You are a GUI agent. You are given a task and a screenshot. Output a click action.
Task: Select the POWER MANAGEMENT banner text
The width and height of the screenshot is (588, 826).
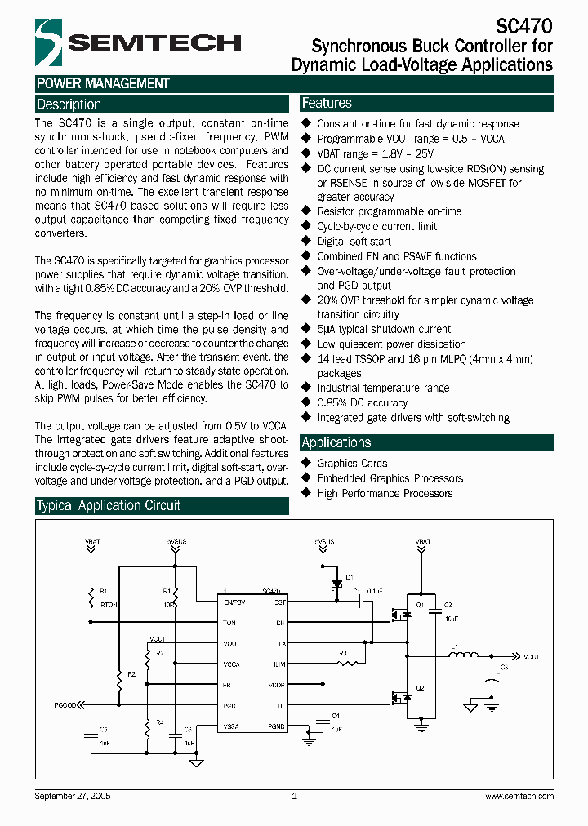pyautogui.click(x=103, y=83)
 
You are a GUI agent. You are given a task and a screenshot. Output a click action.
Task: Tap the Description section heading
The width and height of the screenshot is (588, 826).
pyautogui.click(x=69, y=104)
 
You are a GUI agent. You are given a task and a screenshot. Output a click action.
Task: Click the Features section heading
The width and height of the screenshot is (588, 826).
pyautogui.click(x=327, y=103)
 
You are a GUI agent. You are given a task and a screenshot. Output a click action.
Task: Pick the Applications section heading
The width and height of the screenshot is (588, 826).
pyautogui.click(x=336, y=442)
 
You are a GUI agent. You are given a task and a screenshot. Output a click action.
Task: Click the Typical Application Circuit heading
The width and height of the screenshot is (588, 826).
pyautogui.click(x=109, y=505)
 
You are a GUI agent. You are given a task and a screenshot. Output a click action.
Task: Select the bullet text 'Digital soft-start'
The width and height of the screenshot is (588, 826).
pyautogui.click(x=354, y=242)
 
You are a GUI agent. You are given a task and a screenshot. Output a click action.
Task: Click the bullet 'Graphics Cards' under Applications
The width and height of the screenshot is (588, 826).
pyautogui.click(x=352, y=463)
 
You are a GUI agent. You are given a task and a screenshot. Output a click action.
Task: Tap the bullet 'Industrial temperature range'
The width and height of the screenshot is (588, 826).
pyautogui.click(x=383, y=388)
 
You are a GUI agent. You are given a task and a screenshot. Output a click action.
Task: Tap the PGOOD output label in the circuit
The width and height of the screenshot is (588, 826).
pyautogui.click(x=65, y=704)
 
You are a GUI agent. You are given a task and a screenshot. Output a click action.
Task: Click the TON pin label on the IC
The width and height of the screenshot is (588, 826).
pyautogui.click(x=229, y=623)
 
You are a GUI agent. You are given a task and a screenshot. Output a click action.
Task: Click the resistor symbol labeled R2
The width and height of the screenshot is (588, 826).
pyautogui.click(x=119, y=674)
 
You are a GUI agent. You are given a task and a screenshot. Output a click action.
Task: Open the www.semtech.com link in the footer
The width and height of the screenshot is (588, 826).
pyautogui.click(x=519, y=795)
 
